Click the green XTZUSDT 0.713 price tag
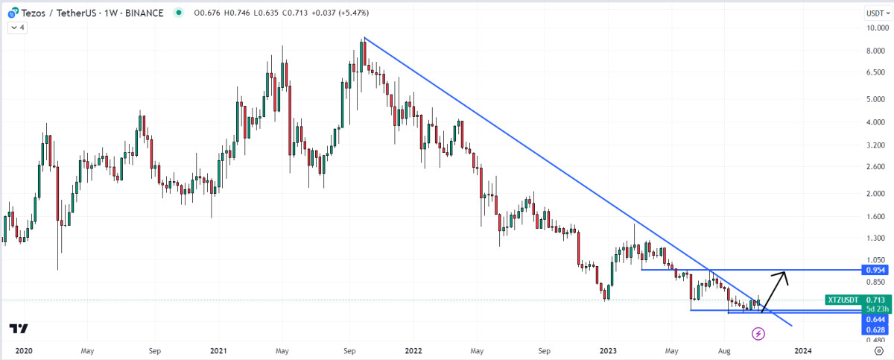[x=856, y=300]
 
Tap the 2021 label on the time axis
[x=218, y=350]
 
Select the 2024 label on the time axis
[x=803, y=350]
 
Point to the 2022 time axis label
[x=413, y=350]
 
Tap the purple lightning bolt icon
[x=758, y=334]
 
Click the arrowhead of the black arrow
[x=783, y=275]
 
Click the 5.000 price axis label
[x=875, y=98]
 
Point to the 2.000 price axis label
[x=875, y=193]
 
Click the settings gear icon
[x=878, y=350]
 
